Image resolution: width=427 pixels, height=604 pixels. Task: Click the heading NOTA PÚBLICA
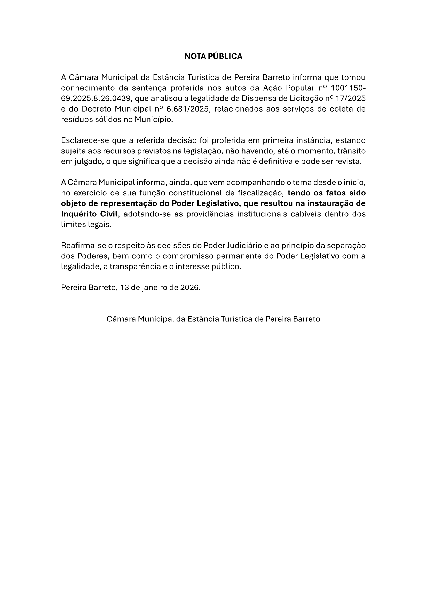point(213,56)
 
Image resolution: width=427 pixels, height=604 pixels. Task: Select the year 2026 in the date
point(190,288)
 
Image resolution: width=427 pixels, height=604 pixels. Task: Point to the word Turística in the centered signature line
point(236,319)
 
